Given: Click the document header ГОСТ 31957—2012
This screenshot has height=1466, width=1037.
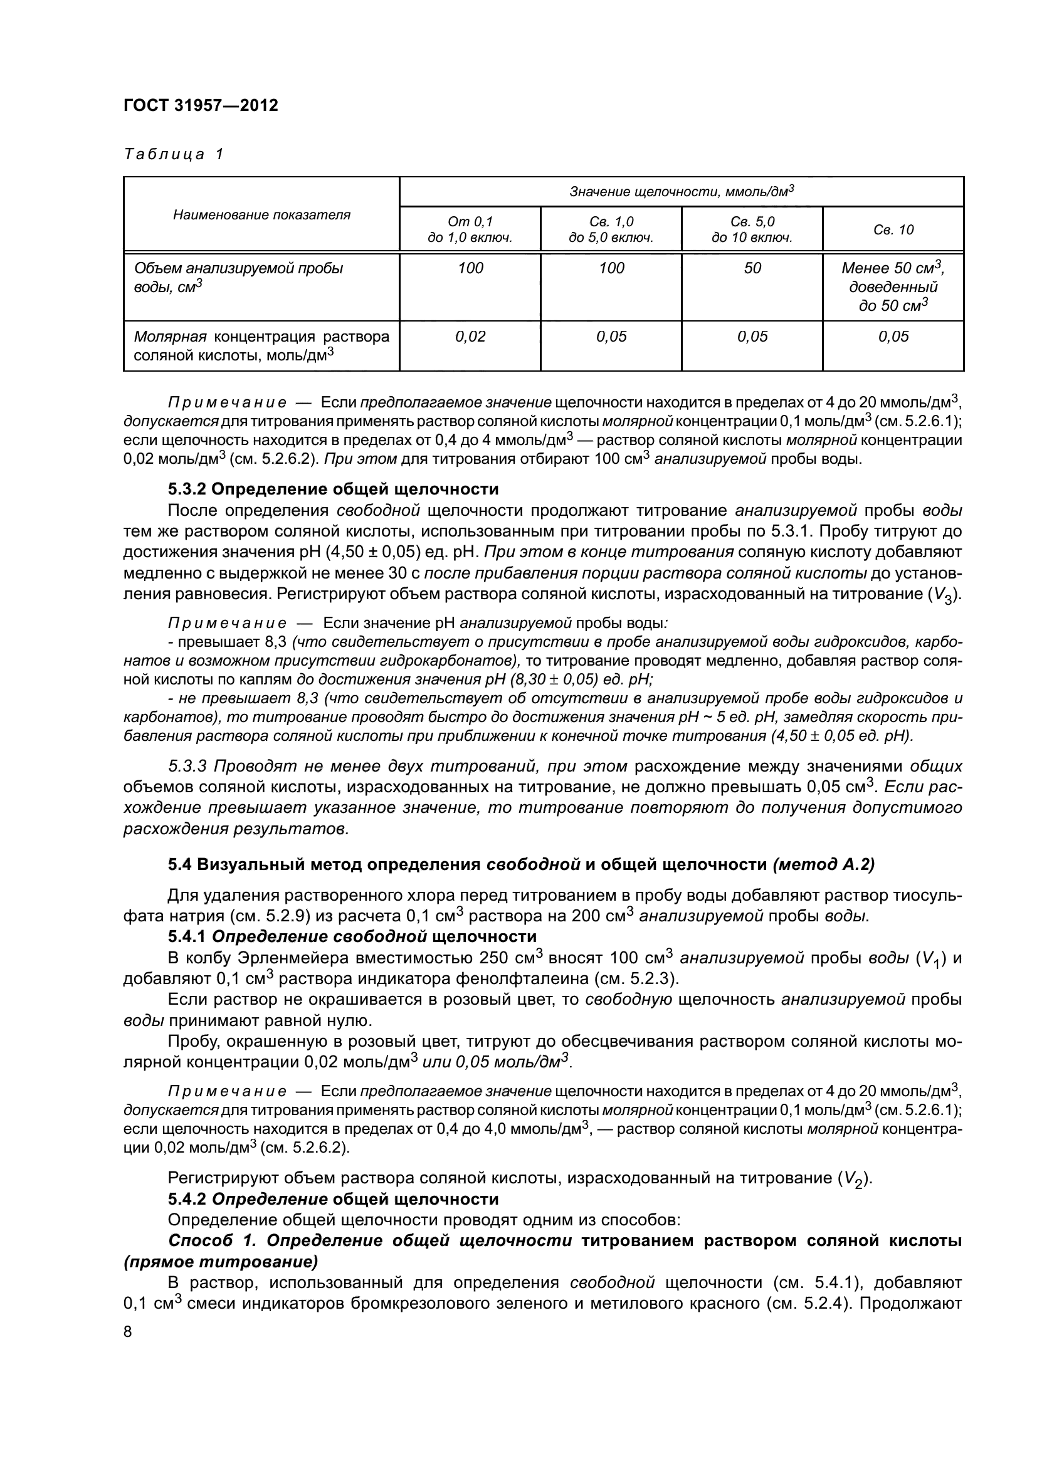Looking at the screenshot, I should tap(201, 105).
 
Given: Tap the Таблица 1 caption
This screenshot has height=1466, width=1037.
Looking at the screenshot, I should tap(174, 154).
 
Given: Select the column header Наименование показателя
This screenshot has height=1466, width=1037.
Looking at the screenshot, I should tap(261, 214).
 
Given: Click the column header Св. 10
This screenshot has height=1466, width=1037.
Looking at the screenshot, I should tap(893, 230).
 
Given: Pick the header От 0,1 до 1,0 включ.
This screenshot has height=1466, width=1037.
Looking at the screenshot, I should tap(470, 230).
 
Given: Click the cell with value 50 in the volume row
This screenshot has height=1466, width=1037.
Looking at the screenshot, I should tap(752, 268).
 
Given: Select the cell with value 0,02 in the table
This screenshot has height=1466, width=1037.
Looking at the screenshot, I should tap(470, 337).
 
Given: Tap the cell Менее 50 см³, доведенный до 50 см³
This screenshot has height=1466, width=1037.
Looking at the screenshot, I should tap(893, 286).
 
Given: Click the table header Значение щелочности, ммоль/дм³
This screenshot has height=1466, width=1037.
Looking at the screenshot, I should tap(682, 191).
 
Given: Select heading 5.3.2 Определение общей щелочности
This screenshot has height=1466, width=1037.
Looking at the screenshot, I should tap(333, 489).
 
